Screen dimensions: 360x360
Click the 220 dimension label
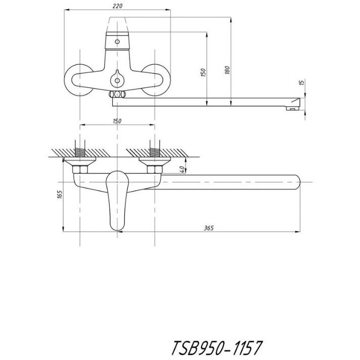117,6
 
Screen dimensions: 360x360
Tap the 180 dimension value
228,70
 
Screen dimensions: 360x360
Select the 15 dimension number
302,82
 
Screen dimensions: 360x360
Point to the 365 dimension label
209,228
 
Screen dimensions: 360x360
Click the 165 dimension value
60,194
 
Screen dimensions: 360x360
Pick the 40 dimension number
182,169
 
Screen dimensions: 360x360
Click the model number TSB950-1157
217,347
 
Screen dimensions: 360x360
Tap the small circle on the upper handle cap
117,41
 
